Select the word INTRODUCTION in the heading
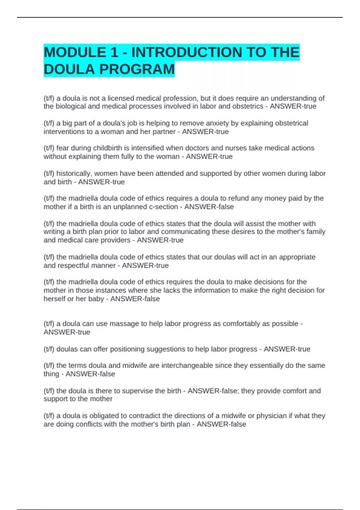(187, 52)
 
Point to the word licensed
(121, 98)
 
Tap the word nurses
(258, 148)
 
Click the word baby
(96, 299)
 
